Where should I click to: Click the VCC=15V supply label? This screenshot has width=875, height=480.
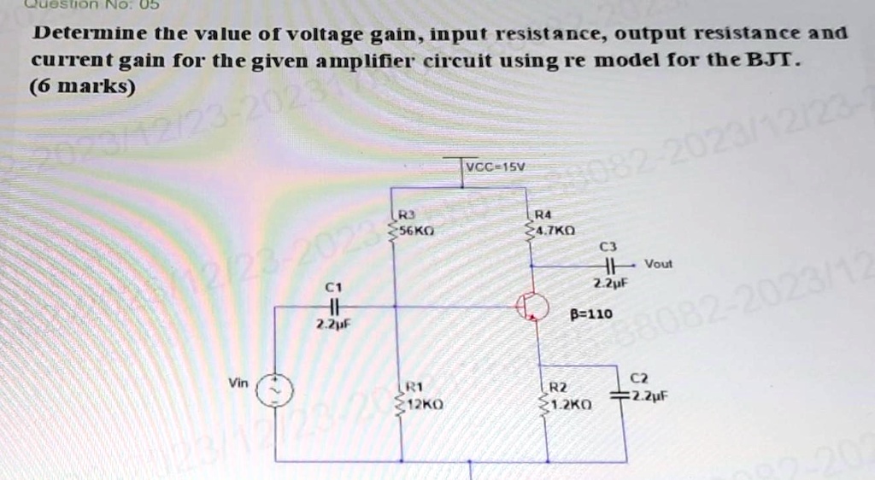click(x=493, y=166)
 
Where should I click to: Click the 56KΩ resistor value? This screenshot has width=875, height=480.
click(x=416, y=231)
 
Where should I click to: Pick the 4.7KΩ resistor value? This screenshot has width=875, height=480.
click(x=557, y=231)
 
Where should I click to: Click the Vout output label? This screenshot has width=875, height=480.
click(x=658, y=264)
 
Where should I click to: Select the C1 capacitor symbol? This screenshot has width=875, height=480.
click(x=336, y=306)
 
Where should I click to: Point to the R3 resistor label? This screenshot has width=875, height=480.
click(x=408, y=216)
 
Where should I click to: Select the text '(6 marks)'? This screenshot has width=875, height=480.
click(x=82, y=87)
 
